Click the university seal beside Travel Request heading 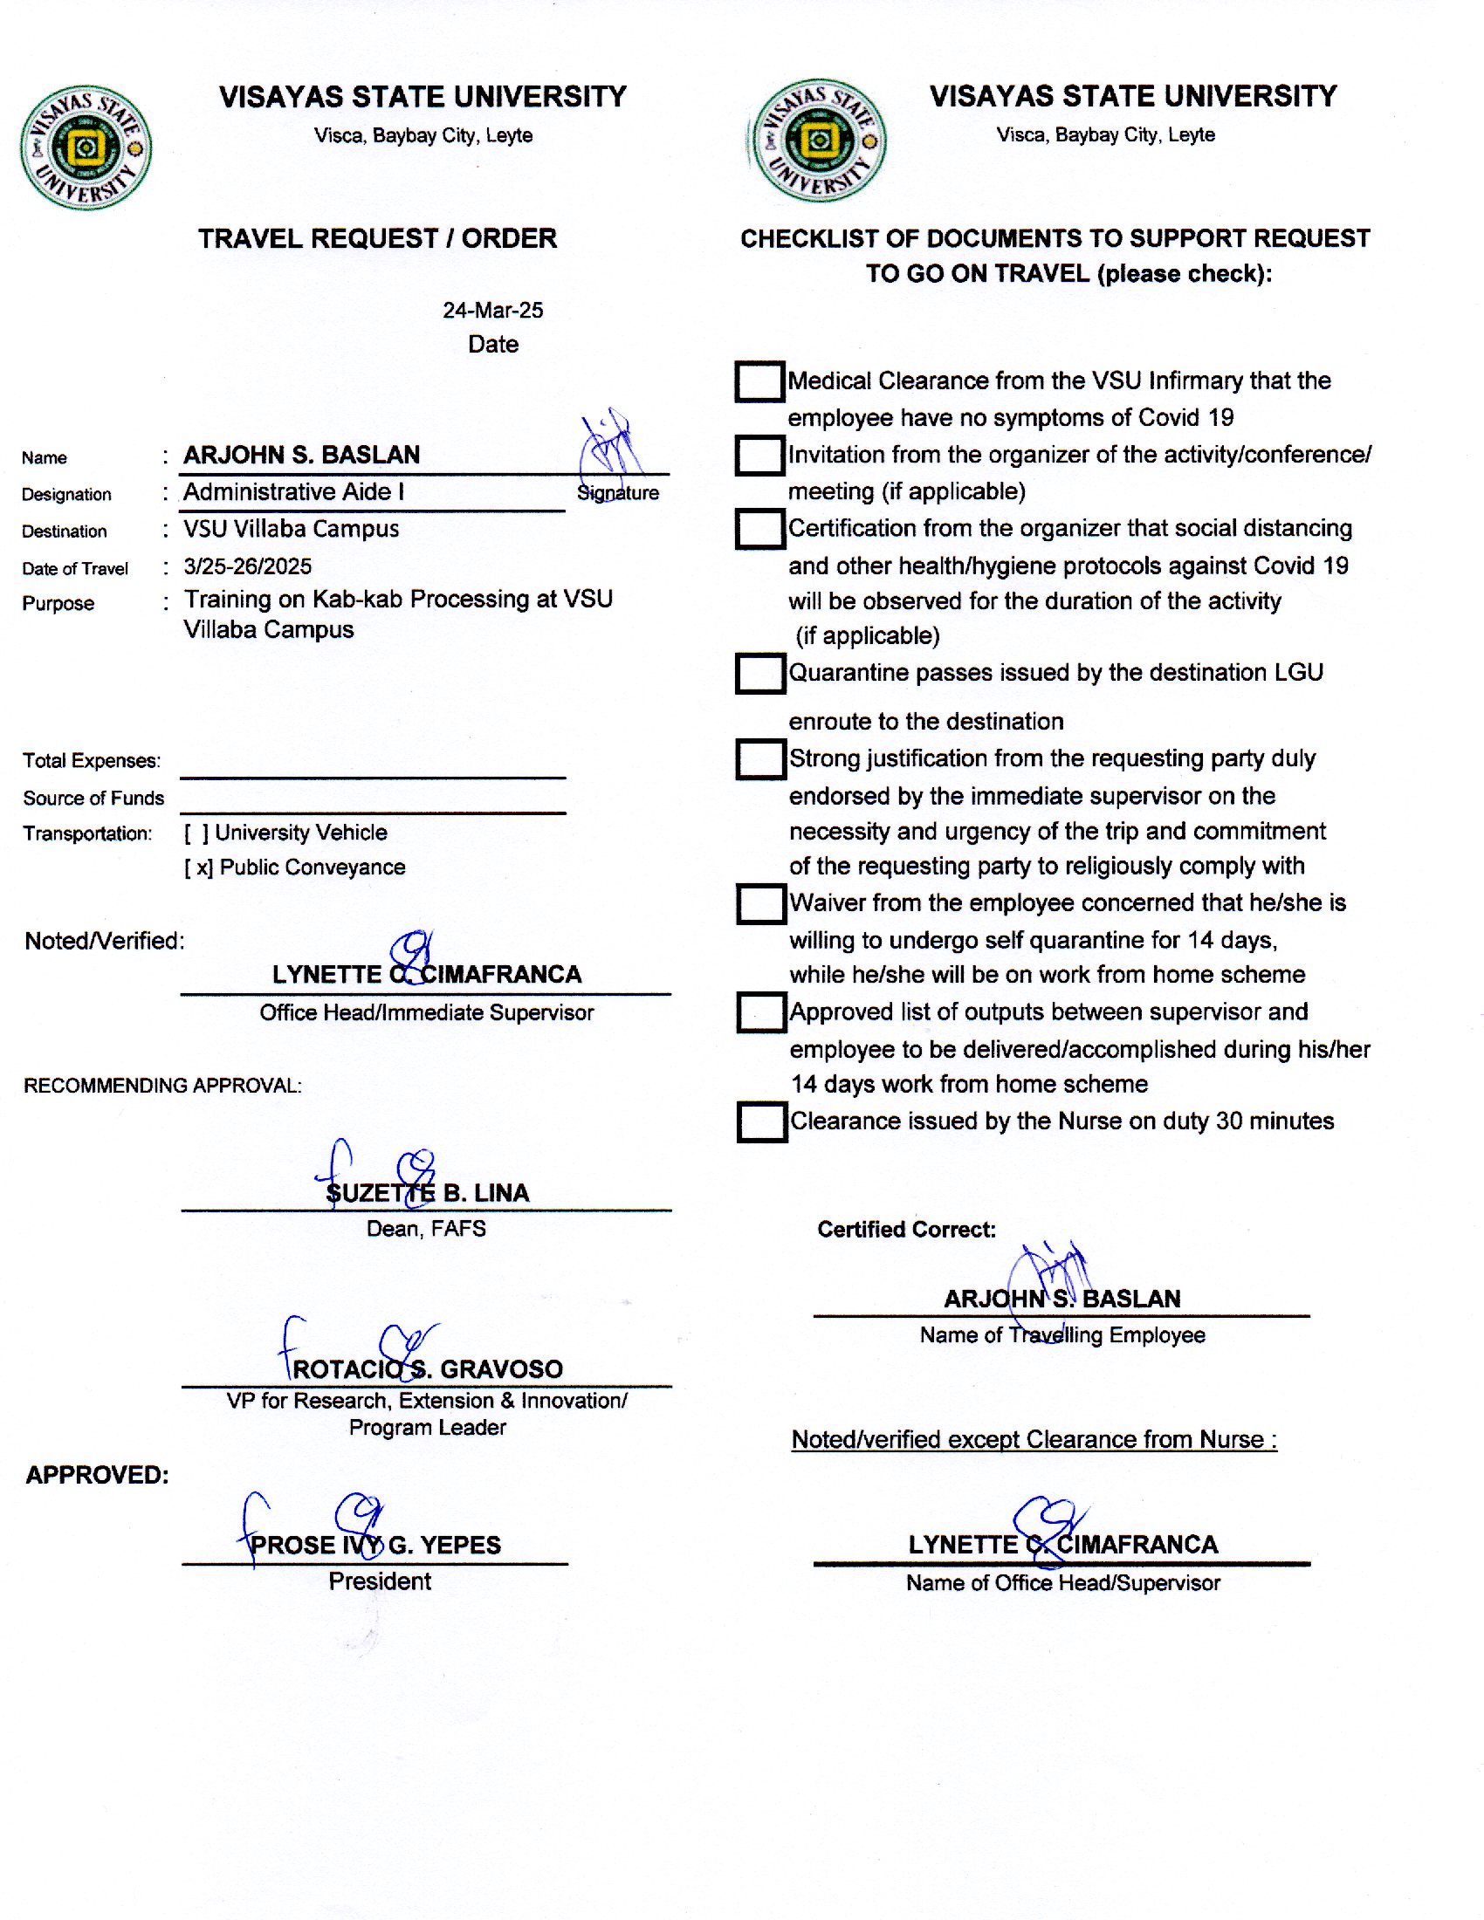86,147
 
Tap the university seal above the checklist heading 819,141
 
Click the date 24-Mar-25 492,311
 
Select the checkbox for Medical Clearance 759,381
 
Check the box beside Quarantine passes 760,674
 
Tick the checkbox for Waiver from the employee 761,904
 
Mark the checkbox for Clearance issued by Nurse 762,1121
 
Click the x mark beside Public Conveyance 203,867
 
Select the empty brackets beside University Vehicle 196,833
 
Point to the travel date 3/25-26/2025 247,566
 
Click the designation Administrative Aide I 293,492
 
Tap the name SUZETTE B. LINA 427,1193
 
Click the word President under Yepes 380,1581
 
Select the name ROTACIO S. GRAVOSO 427,1368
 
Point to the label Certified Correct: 906,1229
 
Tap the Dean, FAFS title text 426,1228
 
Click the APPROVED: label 97,1474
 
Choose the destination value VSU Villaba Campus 291,529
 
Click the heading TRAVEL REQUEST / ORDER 377,238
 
